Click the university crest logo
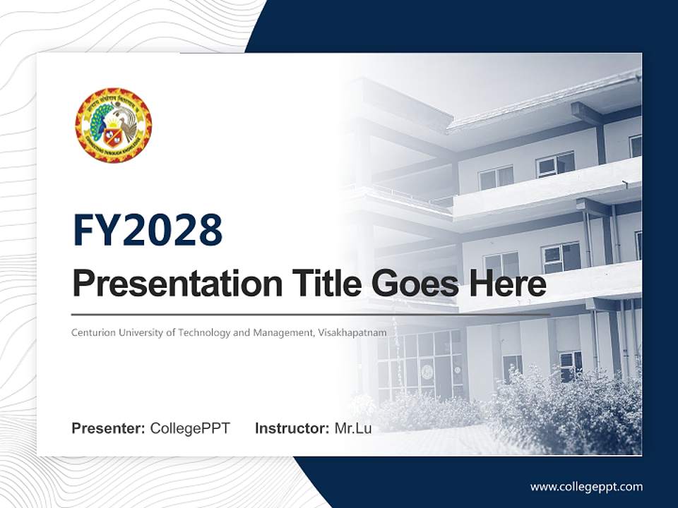tap(113, 125)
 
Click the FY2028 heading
tap(148, 230)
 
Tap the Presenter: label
tap(109, 428)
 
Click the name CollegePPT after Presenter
tap(190, 428)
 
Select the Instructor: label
tap(292, 428)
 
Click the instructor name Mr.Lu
tap(353, 428)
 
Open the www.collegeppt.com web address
tap(586, 487)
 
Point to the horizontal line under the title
tap(311, 314)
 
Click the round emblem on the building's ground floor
tap(427, 372)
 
